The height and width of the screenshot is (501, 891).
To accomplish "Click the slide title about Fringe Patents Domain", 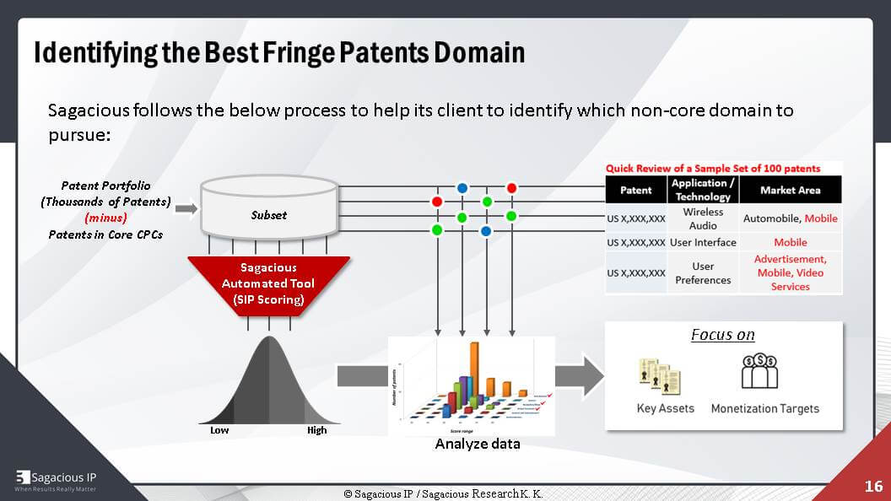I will pyautogui.click(x=279, y=52).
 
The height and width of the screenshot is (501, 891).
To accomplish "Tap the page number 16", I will pyautogui.click(x=873, y=486).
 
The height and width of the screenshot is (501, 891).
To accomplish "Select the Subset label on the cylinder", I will pyautogui.click(x=268, y=215).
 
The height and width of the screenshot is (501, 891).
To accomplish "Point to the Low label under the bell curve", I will pyautogui.click(x=219, y=430).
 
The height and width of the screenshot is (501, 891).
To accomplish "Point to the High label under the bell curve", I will pyautogui.click(x=316, y=430).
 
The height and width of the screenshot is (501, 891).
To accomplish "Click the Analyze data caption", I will pyautogui.click(x=478, y=444).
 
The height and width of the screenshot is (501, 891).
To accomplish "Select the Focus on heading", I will pyautogui.click(x=722, y=335).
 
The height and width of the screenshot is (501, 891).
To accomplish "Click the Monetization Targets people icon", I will pyautogui.click(x=759, y=372).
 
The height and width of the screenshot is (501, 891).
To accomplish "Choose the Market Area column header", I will pyautogui.click(x=790, y=190).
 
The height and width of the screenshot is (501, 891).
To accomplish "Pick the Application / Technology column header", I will pyautogui.click(x=703, y=190).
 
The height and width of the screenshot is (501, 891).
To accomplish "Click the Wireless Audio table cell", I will pyautogui.click(x=703, y=218).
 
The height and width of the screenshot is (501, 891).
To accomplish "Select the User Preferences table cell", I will pyautogui.click(x=703, y=272).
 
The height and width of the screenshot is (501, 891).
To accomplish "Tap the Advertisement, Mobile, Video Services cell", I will pyautogui.click(x=790, y=272).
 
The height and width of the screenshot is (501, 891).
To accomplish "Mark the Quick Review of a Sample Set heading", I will pyautogui.click(x=713, y=168).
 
